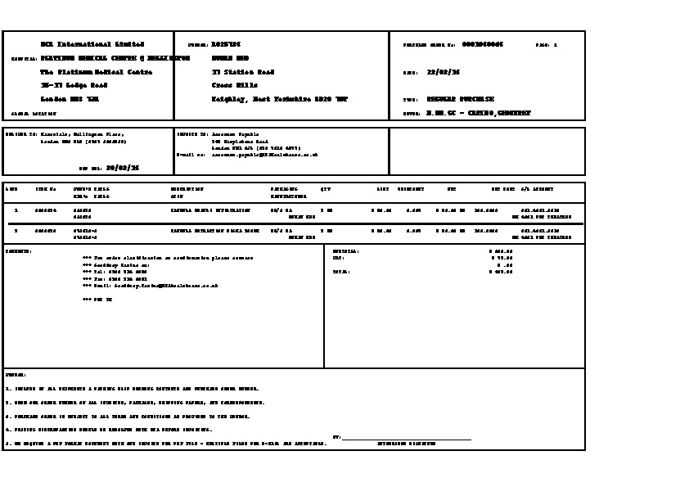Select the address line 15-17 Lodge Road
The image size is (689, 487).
coord(74,85)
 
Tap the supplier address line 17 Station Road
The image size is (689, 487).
coord(242,72)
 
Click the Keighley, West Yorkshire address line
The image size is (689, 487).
coord(279,99)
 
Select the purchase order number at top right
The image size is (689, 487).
coord(483,44)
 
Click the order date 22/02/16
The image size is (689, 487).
coord(449,72)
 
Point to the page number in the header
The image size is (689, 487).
coord(556,45)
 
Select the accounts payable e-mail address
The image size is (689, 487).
coord(264,154)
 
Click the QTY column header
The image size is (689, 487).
coord(325,189)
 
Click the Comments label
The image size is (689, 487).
coord(18,251)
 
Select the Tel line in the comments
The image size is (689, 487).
coord(116,272)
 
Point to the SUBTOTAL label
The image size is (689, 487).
coord(345,251)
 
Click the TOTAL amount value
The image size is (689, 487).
coord(500,272)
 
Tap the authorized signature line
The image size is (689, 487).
coord(406,440)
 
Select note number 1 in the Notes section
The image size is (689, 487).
coord(132,389)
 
